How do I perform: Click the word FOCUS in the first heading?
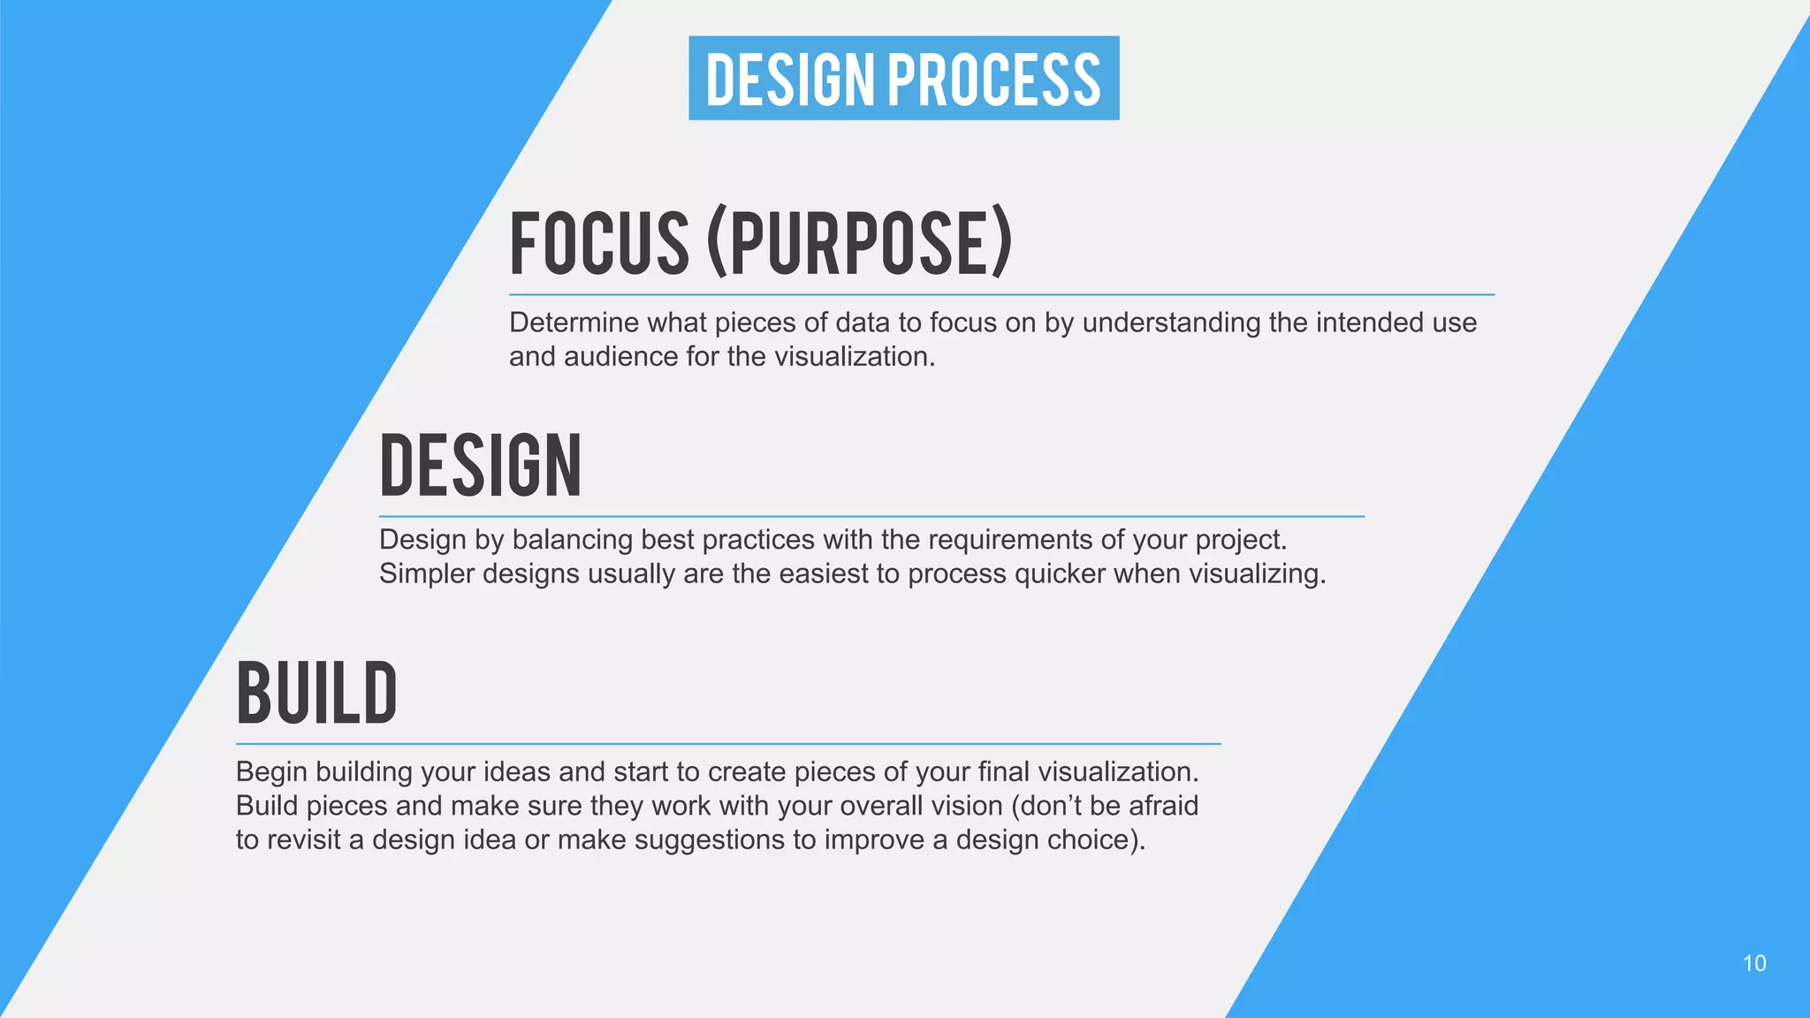[x=598, y=243]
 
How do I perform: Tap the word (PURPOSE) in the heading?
[x=859, y=243]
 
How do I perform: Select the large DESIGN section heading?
[x=481, y=466]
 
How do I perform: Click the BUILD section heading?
[x=316, y=694]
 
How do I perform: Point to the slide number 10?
[x=1753, y=963]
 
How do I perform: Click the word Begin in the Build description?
[x=271, y=772]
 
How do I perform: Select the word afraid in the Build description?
[x=1163, y=806]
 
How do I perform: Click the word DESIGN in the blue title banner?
[x=789, y=80]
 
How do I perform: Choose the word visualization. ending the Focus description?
[x=854, y=357]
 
